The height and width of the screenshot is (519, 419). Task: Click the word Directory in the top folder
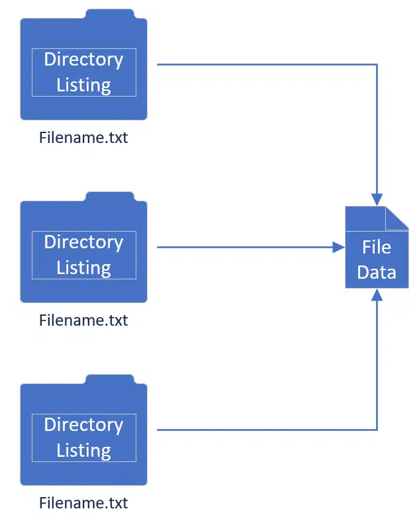83,60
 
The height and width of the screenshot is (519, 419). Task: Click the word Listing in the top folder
83,85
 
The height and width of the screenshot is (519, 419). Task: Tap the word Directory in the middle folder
83,242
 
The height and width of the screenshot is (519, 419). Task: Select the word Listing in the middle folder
83,268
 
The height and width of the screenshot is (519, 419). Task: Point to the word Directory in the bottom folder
83,425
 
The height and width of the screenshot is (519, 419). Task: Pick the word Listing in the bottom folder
83,451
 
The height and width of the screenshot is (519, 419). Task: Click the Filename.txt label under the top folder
83,138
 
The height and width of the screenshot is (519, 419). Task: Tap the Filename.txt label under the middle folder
83,320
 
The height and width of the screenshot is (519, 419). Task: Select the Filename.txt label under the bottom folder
83,503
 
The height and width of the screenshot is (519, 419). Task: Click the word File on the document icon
377,248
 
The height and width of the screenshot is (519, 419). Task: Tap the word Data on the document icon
377,273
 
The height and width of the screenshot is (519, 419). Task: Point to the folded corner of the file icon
396,218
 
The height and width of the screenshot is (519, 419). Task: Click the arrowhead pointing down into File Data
377,200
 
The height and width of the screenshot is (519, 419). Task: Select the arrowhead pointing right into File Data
339,248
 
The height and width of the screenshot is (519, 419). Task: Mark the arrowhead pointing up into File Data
377,295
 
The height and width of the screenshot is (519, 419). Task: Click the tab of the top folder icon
110,15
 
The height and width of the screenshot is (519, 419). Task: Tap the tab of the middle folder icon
110,197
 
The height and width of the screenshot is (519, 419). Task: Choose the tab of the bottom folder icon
110,380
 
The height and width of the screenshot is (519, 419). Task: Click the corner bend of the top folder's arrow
377,65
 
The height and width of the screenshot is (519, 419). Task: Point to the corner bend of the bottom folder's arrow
377,430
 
